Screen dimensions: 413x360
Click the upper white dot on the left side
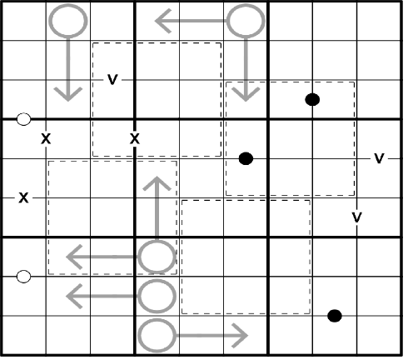click(23, 119)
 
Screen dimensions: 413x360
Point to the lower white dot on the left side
click(23, 277)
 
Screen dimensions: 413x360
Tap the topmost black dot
click(312, 99)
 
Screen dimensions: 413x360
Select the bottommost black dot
click(335, 316)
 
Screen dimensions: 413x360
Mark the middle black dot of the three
click(246, 158)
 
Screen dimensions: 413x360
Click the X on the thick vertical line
click(135, 138)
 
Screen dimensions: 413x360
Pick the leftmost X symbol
click(23, 198)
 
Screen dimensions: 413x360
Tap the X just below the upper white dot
click(46, 138)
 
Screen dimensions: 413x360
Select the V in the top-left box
click(112, 80)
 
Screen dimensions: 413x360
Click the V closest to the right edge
click(379, 158)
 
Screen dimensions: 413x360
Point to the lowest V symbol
click(356, 217)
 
